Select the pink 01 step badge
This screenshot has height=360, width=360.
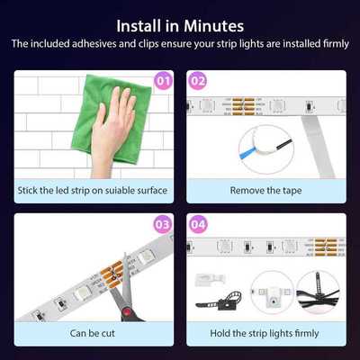point(163,80)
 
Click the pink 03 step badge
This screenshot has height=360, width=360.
point(163,223)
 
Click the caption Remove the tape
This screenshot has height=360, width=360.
point(265,192)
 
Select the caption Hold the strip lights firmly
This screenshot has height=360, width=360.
point(265,333)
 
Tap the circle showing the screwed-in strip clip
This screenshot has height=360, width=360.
point(270,292)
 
